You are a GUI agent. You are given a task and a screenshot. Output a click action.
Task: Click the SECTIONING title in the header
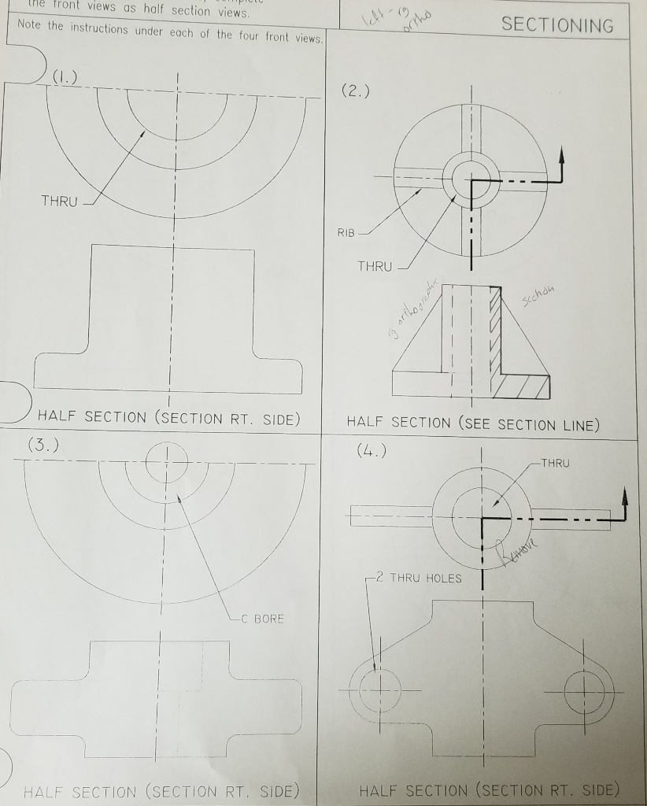point(557,25)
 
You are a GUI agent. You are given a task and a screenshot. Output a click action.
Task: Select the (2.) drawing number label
point(355,91)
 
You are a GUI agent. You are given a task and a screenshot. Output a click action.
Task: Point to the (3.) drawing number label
point(43,446)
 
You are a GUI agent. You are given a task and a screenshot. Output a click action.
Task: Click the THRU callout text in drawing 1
point(60,201)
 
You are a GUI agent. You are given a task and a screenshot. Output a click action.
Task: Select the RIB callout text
point(347,233)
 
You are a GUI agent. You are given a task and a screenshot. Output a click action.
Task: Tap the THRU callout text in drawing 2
point(375,267)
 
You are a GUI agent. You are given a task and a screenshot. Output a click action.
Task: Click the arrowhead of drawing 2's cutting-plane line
point(562,153)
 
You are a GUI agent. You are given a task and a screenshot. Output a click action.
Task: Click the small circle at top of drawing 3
point(166,457)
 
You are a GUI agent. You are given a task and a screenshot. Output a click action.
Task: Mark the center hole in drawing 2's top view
point(471,179)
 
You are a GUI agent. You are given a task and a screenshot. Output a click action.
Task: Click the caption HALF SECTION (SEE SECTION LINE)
point(473,424)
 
